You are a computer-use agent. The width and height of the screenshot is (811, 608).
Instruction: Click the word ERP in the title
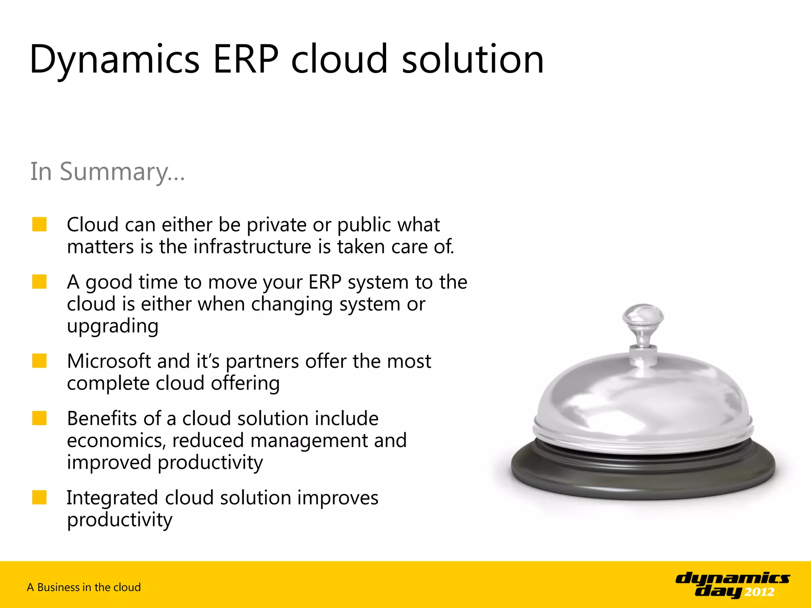click(x=246, y=59)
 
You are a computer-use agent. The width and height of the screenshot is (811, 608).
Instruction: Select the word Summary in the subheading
click(x=115, y=173)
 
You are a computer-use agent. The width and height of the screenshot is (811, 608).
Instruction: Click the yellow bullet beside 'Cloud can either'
click(x=40, y=224)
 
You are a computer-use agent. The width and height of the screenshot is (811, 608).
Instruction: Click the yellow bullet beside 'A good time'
click(x=40, y=282)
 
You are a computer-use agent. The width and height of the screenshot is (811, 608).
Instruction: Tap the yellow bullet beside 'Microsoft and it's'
click(x=40, y=361)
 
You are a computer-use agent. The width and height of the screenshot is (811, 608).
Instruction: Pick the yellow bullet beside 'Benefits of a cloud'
click(x=40, y=418)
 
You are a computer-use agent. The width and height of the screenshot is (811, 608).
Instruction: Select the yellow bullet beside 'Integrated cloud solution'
click(x=40, y=498)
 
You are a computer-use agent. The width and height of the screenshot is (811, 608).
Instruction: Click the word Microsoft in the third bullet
click(x=109, y=361)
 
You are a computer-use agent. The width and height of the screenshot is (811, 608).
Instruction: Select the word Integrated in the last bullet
click(x=112, y=498)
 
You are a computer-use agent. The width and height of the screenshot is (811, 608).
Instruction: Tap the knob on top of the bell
click(x=643, y=317)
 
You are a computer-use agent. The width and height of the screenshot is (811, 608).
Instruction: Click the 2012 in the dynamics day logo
click(x=759, y=592)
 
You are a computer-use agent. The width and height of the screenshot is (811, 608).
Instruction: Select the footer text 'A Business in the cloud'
click(x=84, y=587)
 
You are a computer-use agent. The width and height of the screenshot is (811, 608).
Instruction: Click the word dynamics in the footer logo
click(x=733, y=578)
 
